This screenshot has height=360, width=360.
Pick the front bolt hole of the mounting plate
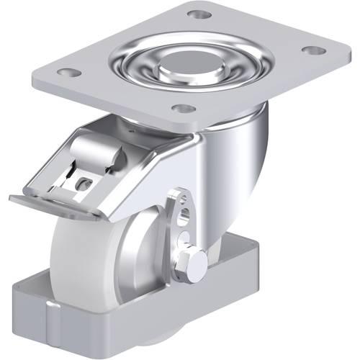click(x=184, y=109)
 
